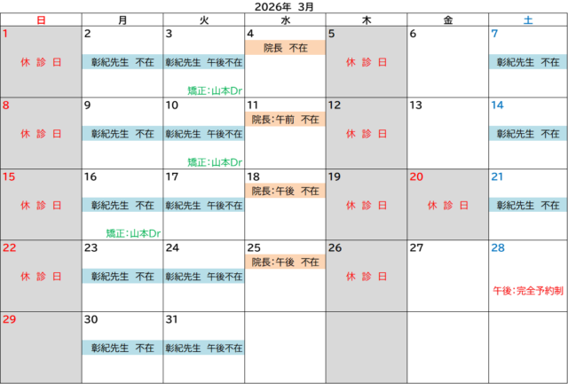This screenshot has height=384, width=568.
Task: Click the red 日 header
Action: [41, 19]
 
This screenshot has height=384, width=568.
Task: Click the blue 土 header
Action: [528, 19]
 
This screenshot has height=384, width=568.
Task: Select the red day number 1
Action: [6, 34]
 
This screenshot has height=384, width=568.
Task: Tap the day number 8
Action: [6, 105]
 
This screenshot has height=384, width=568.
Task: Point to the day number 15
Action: [9, 176]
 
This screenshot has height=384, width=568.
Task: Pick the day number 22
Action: [10, 247]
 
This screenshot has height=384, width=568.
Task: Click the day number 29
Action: [10, 318]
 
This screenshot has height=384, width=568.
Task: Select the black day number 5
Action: [332, 34]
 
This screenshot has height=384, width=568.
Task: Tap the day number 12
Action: [335, 105]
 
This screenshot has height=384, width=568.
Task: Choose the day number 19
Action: [335, 176]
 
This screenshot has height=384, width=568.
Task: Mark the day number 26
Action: [335, 247]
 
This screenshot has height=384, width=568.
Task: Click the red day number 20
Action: [416, 176]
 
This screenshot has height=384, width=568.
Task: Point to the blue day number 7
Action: [494, 34]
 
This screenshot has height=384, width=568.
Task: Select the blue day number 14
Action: [497, 105]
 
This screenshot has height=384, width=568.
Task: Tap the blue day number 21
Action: [497, 176]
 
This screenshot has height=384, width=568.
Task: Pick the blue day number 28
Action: [498, 247]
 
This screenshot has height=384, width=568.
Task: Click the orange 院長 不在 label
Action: [285, 47]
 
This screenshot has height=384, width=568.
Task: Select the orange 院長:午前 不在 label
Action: [285, 119]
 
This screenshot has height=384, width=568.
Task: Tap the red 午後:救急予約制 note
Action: [528, 290]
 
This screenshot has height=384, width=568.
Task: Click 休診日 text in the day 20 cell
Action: [447, 205]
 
